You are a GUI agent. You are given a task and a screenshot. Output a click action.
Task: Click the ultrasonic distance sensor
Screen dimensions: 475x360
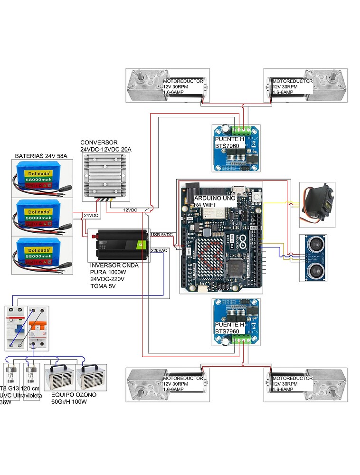[315, 257]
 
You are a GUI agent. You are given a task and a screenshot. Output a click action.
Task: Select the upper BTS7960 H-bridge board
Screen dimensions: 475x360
[236, 147]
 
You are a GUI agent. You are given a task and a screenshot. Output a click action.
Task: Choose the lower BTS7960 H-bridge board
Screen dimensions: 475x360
[236, 322]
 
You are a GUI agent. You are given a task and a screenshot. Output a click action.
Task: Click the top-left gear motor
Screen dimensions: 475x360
[165, 85]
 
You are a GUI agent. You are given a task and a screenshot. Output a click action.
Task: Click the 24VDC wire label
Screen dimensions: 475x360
[91, 215]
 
